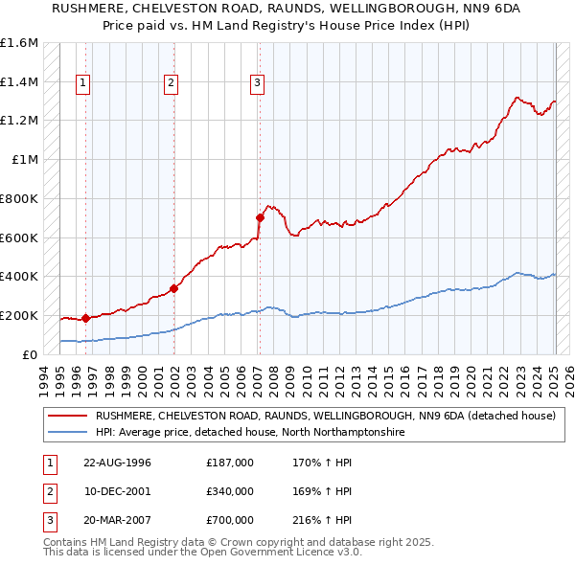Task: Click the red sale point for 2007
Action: tap(260, 218)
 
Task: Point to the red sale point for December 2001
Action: tap(173, 288)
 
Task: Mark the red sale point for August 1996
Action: tap(86, 318)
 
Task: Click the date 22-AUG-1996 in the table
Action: tap(117, 463)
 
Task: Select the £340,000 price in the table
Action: tap(230, 491)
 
